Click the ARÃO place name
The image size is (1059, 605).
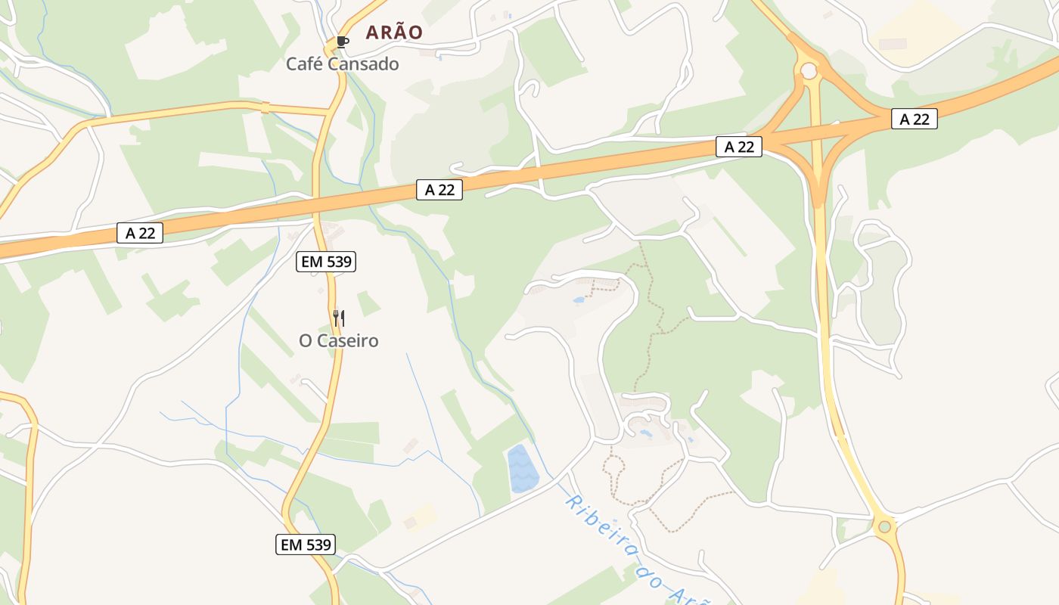394,33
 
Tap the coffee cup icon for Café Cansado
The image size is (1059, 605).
342,42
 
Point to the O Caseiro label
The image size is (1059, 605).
339,341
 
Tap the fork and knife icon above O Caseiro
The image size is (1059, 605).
339,318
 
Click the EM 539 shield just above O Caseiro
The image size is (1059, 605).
325,262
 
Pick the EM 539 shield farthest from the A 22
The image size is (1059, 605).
305,544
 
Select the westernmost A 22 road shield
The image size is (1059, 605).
140,233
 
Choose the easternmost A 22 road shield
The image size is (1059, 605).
914,119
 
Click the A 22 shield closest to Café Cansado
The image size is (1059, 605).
439,190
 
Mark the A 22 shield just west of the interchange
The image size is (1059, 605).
739,147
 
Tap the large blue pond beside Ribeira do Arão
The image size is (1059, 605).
521,468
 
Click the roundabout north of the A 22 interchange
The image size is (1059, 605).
809,71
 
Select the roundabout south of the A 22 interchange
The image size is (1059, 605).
884,526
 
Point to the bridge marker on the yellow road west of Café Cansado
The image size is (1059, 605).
265,107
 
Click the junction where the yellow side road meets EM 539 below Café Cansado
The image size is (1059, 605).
330,112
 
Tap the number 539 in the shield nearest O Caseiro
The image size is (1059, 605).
337,262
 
